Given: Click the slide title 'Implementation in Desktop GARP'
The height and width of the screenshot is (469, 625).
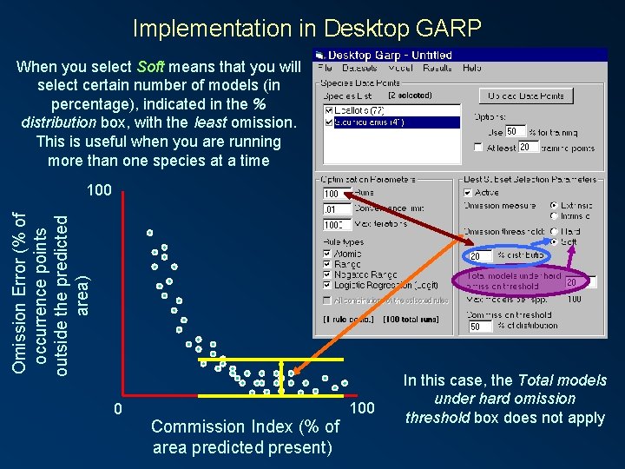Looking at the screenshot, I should click(306, 28).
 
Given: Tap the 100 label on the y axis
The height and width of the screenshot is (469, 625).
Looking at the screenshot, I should click(99, 190).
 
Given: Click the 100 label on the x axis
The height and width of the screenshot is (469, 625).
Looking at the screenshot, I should click(361, 408).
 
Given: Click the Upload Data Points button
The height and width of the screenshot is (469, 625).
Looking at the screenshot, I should click(527, 96).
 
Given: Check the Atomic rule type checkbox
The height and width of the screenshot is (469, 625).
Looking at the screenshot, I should click(327, 254).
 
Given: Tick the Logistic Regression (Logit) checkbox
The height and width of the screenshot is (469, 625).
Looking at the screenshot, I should click(327, 285).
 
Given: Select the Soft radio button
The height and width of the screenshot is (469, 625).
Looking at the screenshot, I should click(554, 242).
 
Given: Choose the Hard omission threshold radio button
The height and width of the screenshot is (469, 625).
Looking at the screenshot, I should click(554, 232).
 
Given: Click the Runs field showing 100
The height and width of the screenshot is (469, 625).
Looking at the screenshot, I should click(334, 194).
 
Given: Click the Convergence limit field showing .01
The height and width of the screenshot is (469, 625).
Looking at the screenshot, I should click(334, 209).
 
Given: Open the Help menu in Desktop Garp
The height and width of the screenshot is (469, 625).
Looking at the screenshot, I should click(471, 68).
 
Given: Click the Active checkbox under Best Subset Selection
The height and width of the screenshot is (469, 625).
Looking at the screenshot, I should click(469, 193).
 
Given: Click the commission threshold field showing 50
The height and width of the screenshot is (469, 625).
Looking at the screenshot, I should click(479, 327).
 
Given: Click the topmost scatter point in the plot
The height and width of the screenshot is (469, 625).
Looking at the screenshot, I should click(149, 233).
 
